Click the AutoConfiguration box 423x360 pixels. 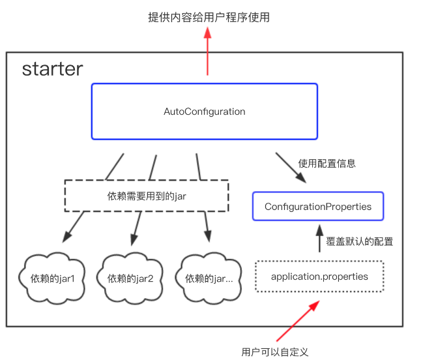(204, 112)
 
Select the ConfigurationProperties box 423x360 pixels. (318, 207)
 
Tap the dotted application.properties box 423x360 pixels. (319, 277)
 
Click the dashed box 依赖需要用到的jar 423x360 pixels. (147, 196)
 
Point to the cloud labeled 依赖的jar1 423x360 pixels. (53, 278)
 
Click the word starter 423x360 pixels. (52, 69)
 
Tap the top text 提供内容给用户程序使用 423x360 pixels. (209, 18)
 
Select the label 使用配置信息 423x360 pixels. (327, 163)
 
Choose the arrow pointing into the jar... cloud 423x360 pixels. (208, 227)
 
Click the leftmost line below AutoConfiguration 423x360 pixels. (115, 166)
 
